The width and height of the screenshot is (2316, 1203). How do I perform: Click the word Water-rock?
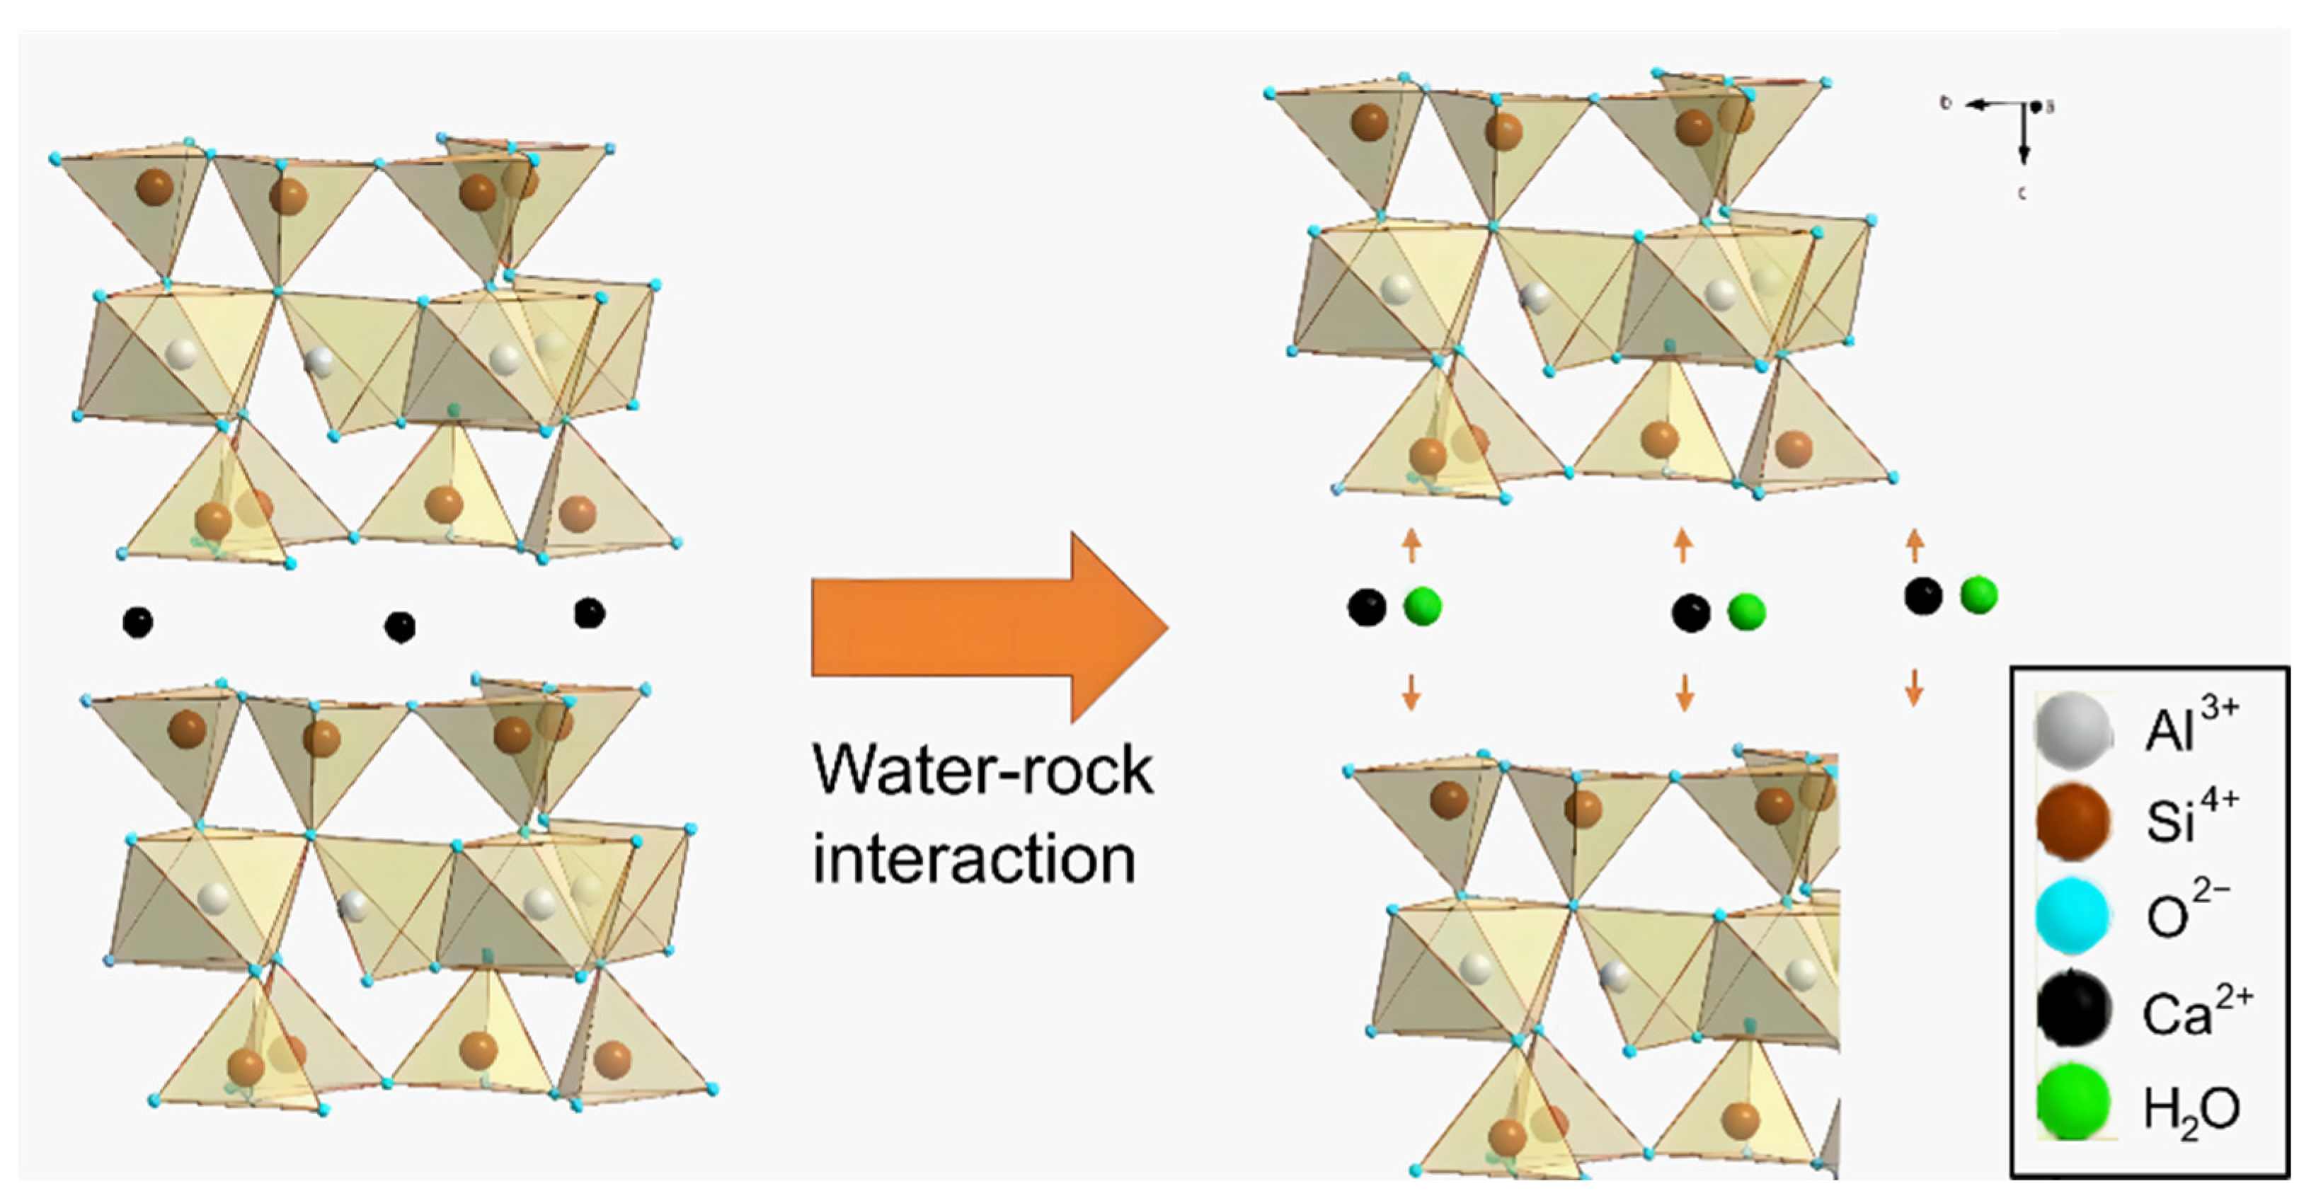point(982,771)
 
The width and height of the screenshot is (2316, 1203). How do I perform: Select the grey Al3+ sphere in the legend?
point(2073,729)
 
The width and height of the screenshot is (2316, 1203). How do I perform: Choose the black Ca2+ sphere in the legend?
point(2073,1010)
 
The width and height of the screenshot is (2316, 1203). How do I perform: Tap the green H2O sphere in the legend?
point(2073,1103)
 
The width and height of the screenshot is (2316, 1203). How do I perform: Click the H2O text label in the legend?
point(2191,1110)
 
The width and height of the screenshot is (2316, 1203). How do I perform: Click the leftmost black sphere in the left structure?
point(137,621)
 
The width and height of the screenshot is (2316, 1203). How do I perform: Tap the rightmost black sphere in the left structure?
point(589,614)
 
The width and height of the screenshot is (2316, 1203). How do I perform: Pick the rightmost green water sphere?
point(1979,595)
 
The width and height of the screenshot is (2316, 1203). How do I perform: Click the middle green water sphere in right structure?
point(1746,612)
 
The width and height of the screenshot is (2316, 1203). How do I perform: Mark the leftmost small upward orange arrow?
point(1411,544)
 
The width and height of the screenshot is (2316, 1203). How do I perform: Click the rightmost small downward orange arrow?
point(1914,687)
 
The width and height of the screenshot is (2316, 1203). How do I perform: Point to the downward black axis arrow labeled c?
point(2024,135)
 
